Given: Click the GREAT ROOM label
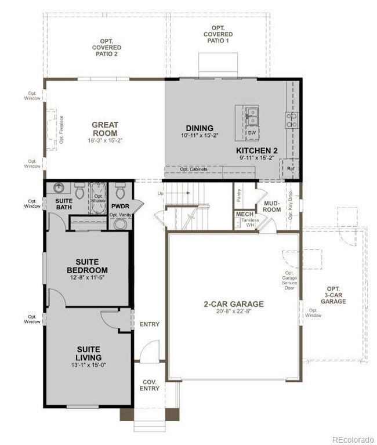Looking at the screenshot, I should coord(105,129).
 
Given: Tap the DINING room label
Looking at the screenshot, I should coord(200,128).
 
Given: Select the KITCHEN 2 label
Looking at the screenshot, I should coord(257,151).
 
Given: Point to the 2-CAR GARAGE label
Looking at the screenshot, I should coord(233,304).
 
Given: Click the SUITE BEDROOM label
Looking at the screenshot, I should coord(87,266).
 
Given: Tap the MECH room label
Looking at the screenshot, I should coord(242,215).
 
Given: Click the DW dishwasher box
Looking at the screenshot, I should coord(252,133).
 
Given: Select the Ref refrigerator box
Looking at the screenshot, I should coord(289,169).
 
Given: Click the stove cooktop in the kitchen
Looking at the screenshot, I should coord(291,120).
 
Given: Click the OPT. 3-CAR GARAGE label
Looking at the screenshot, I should coord(333,295).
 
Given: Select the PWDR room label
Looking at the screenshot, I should coord(119,206).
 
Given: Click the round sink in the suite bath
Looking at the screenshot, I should coord(59,189).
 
